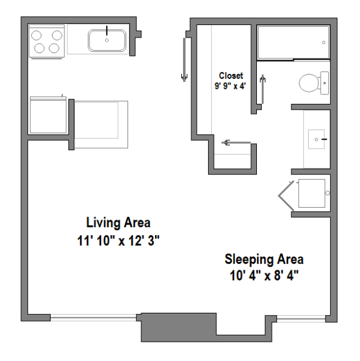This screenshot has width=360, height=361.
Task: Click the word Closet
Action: click(231, 76)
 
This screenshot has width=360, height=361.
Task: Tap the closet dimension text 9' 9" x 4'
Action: click(231, 86)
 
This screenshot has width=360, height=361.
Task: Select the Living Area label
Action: click(118, 223)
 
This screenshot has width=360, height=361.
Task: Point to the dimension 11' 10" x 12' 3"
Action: click(118, 239)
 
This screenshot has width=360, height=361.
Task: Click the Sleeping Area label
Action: click(264, 259)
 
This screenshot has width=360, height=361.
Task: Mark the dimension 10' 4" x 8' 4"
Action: click(264, 275)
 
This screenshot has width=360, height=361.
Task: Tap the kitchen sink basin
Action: click(107, 41)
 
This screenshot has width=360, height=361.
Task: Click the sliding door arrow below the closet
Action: click(234, 143)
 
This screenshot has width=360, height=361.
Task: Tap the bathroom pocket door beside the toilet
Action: click(263, 88)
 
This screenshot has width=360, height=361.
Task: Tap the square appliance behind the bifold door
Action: click(311, 193)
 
